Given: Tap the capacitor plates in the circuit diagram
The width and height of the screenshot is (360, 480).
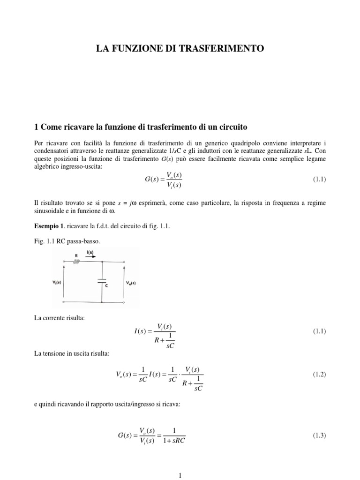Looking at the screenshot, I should (101, 281).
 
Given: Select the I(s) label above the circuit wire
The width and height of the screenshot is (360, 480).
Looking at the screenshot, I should (90, 253).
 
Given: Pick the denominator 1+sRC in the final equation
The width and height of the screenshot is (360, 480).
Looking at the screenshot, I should (174, 441).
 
